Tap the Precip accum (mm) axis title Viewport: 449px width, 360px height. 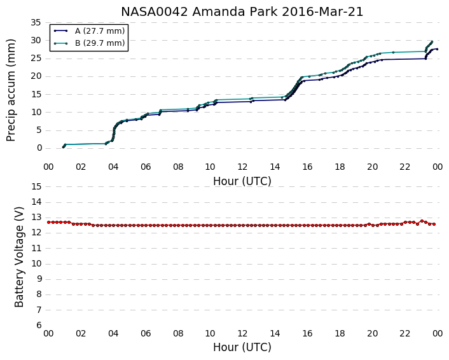click(x=11, y=90)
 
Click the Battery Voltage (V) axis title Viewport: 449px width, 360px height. click(x=19, y=257)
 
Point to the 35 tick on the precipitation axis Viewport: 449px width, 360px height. click(x=36, y=22)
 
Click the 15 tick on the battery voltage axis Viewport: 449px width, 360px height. click(x=36, y=187)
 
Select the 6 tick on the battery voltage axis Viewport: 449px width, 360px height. click(x=39, y=326)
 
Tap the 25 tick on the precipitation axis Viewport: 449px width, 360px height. click(x=36, y=59)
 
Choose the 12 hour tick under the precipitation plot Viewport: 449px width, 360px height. click(x=242, y=167)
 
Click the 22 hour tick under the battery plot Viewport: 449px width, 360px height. click(x=405, y=334)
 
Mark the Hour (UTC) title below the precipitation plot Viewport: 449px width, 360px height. click(x=242, y=181)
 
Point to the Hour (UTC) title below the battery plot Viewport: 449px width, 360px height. click(x=242, y=347)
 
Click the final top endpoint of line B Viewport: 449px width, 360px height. click(x=432, y=42)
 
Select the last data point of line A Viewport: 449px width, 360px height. click(x=437, y=49)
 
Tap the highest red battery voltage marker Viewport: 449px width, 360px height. click(x=422, y=221)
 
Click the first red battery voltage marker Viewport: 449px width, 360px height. click(x=49, y=222)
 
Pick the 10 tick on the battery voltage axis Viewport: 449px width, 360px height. click(x=36, y=264)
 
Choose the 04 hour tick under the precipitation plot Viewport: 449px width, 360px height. click(x=113, y=167)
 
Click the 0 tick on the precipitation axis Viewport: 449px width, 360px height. click(x=39, y=148)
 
